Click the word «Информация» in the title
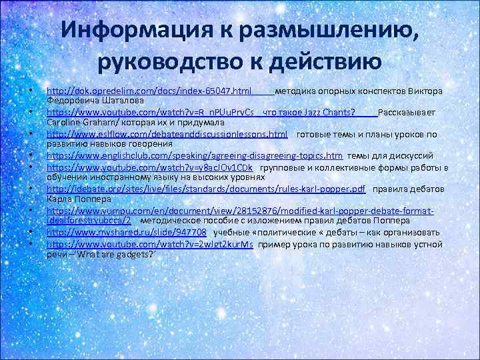tap(133, 30)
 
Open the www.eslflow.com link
tap(167, 134)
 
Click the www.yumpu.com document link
tap(240, 211)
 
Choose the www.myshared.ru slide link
tap(127, 232)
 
